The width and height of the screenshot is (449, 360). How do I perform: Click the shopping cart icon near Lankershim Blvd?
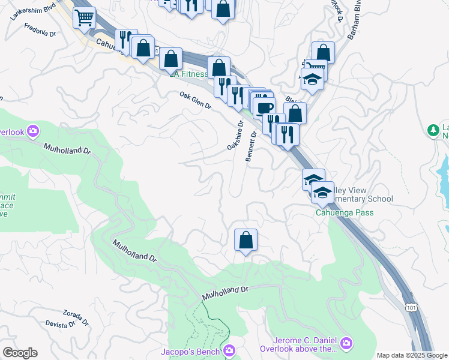(x=85, y=17)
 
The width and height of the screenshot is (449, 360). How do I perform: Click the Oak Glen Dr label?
(x=196, y=100)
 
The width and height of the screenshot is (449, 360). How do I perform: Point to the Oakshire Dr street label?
(x=235, y=136)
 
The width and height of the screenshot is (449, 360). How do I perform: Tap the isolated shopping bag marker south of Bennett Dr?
(x=246, y=240)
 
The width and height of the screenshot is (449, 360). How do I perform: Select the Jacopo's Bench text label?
(x=191, y=351)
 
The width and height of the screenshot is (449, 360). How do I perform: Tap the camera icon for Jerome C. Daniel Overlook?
(x=346, y=343)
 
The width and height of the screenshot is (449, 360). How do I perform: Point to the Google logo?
(x=20, y=353)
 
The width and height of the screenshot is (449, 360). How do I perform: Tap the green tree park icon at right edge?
(x=432, y=130)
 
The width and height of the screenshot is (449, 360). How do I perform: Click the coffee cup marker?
(x=264, y=109)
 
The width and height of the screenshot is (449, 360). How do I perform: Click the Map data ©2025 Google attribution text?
(x=411, y=355)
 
